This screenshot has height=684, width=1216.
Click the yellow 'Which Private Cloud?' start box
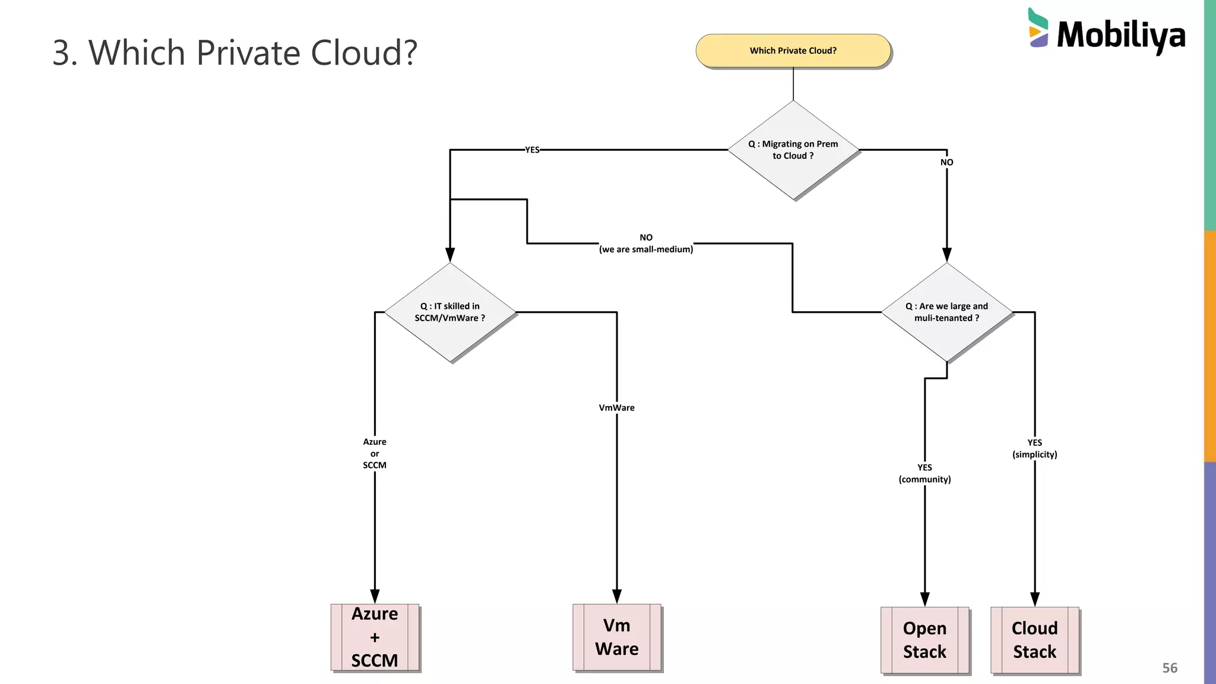tap(793, 50)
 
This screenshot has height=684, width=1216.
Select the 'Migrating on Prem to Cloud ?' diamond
tap(793, 150)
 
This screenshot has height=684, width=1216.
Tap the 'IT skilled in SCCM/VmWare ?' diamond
tap(450, 312)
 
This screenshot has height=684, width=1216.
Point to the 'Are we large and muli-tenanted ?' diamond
tap(946, 312)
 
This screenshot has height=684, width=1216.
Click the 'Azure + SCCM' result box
tap(375, 637)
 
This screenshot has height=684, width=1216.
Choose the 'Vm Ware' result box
tap(617, 637)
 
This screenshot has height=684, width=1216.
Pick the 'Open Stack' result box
tap(924, 640)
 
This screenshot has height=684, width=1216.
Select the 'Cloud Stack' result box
tap(1034, 640)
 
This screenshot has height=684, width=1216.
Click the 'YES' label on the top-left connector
tap(532, 150)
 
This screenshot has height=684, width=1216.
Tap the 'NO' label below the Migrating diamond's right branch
tap(946, 162)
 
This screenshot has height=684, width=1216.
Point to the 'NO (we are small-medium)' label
tap(646, 243)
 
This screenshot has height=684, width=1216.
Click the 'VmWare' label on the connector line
tap(616, 408)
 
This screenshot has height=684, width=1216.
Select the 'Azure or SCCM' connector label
tap(375, 454)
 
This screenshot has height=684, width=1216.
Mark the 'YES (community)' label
tap(924, 473)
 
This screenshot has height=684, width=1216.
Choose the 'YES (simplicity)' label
tap(1034, 448)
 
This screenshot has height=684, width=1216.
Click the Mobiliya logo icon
tap(1038, 28)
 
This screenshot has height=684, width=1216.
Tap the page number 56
tap(1169, 668)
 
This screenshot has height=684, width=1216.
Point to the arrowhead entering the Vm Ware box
tap(617, 596)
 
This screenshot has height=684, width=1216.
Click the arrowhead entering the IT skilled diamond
tap(450, 255)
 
